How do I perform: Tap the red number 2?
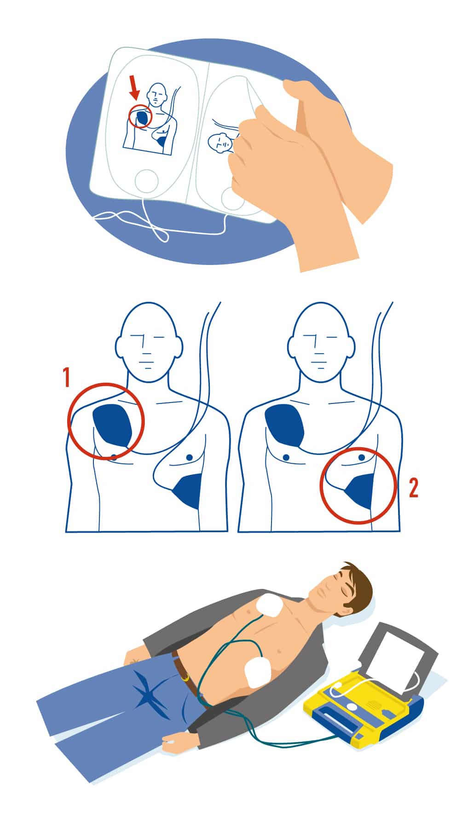414,488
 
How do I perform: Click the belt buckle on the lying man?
186,676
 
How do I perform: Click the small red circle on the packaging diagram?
140,116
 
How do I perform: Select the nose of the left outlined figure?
142,343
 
